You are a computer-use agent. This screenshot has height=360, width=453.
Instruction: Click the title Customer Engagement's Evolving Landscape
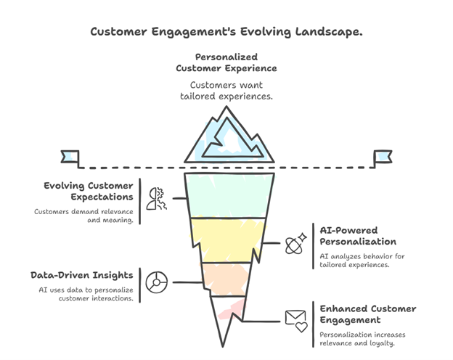pyautogui.click(x=226, y=32)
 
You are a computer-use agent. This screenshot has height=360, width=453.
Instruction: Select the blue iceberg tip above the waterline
pyautogui.click(x=226, y=138)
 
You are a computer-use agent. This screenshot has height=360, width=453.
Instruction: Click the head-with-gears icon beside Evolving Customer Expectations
pyautogui.click(x=155, y=197)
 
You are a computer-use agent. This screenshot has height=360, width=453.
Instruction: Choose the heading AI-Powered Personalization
pyautogui.click(x=358, y=234)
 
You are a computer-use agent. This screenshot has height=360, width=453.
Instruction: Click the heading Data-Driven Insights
pyautogui.click(x=81, y=275)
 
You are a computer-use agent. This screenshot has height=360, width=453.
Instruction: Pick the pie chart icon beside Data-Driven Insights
pyautogui.click(x=155, y=282)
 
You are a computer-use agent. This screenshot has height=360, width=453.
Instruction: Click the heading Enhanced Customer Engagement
pyautogui.click(x=368, y=314)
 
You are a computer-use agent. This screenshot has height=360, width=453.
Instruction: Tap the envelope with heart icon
pyautogui.click(x=296, y=319)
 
